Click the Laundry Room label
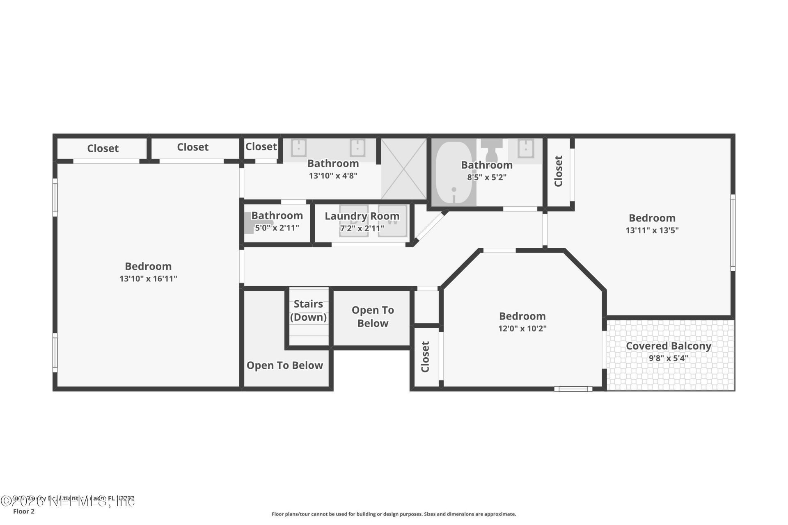(x=362, y=216)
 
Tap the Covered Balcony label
(x=668, y=346)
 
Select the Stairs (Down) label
(x=308, y=310)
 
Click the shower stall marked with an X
(x=404, y=169)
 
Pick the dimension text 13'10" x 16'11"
(x=148, y=279)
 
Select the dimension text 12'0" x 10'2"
(x=522, y=329)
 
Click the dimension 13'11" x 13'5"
(x=652, y=231)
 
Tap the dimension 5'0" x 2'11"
(x=277, y=228)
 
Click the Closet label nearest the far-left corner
(x=103, y=148)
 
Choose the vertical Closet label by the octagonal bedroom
(x=425, y=357)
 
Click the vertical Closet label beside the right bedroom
(x=558, y=171)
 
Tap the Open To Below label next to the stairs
(x=372, y=317)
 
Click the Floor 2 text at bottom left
(x=24, y=511)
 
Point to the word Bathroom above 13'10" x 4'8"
(x=333, y=163)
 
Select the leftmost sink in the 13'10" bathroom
(x=299, y=148)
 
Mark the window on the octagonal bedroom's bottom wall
(x=573, y=389)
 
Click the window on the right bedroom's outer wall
(x=733, y=233)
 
